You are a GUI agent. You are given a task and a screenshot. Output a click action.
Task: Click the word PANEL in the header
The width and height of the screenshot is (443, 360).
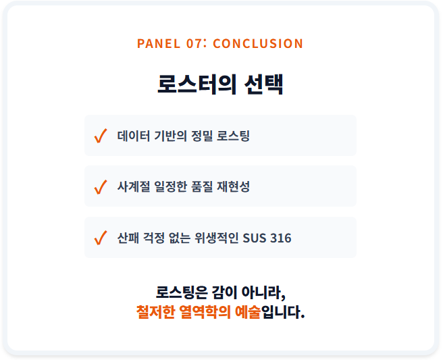(x=159, y=43)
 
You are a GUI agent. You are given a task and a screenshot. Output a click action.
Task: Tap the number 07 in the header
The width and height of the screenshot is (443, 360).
(x=194, y=43)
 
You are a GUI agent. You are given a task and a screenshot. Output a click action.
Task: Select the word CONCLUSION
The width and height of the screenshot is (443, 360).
(x=258, y=43)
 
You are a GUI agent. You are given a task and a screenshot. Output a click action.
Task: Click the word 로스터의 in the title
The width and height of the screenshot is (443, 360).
(x=197, y=84)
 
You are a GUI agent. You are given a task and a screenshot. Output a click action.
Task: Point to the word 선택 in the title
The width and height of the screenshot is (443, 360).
(x=263, y=84)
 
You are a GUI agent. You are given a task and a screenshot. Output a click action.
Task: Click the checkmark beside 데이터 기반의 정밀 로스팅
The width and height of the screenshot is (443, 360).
(x=101, y=136)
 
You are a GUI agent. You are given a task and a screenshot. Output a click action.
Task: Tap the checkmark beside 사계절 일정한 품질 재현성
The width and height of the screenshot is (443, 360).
(x=101, y=187)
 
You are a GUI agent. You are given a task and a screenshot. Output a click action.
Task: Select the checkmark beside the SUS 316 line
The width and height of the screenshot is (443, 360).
(x=101, y=238)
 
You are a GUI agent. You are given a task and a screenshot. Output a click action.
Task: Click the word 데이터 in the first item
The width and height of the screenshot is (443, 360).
(x=134, y=136)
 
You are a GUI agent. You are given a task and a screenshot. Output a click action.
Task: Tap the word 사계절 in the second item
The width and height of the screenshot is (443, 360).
(x=134, y=186)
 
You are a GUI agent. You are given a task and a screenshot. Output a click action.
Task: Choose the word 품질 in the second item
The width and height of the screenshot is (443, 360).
(x=202, y=186)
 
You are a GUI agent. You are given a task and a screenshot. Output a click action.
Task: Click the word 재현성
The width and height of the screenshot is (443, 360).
(x=233, y=186)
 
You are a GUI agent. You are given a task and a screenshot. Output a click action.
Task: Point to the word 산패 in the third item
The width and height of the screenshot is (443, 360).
(x=128, y=238)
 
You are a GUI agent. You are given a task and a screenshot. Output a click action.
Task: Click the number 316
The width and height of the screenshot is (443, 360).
(x=280, y=238)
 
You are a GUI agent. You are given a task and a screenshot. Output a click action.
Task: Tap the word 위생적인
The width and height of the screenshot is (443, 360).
(x=216, y=238)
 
